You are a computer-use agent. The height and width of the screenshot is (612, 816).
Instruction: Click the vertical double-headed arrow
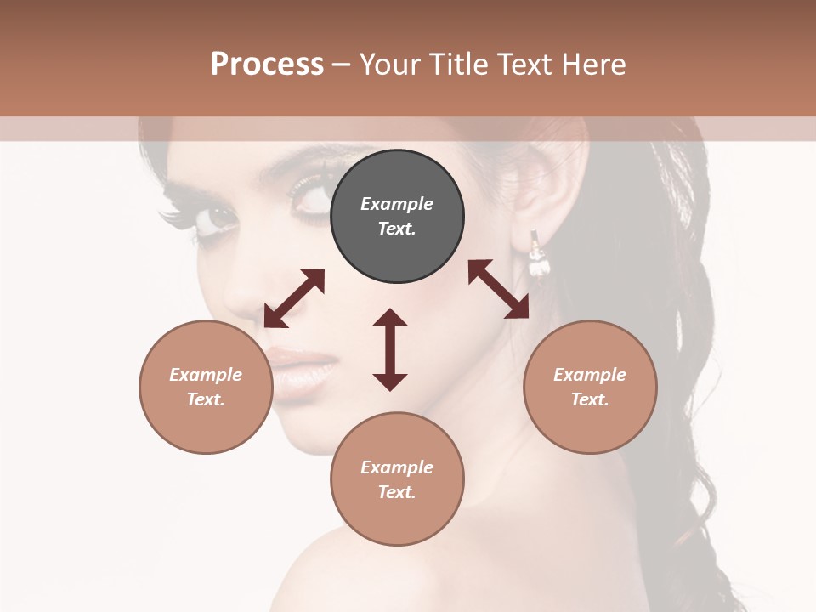tap(390, 349)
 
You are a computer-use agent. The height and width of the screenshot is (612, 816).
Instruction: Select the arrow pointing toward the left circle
tap(294, 298)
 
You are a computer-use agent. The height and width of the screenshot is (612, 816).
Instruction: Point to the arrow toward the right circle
tap(499, 289)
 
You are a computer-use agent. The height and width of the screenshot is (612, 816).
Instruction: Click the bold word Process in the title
tap(267, 65)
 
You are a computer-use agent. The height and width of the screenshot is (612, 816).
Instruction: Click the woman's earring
tap(537, 255)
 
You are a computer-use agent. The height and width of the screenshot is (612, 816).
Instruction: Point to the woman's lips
tap(302, 367)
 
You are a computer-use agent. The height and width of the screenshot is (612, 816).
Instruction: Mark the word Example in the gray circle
tap(397, 204)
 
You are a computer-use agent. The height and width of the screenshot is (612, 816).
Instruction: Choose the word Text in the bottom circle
tap(396, 492)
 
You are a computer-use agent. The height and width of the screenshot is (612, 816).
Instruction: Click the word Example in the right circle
tap(590, 375)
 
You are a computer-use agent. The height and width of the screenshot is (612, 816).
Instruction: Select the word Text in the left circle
tap(205, 399)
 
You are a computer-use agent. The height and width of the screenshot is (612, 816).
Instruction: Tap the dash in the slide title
tap(341, 65)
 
